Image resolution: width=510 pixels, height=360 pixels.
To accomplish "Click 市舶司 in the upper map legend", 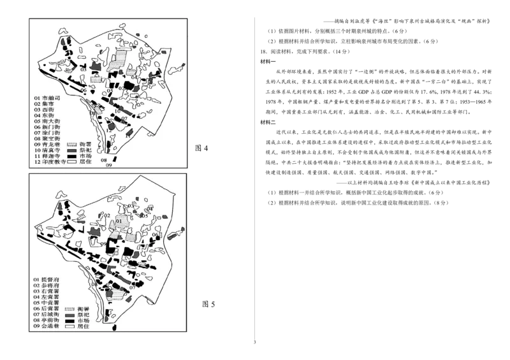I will [x=50, y=97].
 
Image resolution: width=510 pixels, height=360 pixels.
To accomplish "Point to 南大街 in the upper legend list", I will [x=50, y=120].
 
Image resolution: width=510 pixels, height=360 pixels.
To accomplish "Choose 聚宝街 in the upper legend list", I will [x=50, y=138].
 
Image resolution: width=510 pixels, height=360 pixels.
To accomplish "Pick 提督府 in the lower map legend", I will [x=50, y=279].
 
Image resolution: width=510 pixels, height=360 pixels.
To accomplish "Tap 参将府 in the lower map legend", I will [x=50, y=285].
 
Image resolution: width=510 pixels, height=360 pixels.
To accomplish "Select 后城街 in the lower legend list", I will [x=50, y=315].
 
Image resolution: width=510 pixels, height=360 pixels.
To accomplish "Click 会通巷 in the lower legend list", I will [x=50, y=327].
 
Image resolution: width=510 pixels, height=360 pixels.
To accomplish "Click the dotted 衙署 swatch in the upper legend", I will [x=71, y=144].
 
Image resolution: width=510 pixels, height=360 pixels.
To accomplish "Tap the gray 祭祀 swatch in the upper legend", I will [x=71, y=150].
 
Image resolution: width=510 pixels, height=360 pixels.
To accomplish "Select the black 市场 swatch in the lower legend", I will [x=71, y=320].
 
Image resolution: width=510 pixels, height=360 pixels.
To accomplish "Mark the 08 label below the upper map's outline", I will [x=104, y=160].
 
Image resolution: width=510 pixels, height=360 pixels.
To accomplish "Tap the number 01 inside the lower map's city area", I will [x=119, y=221].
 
